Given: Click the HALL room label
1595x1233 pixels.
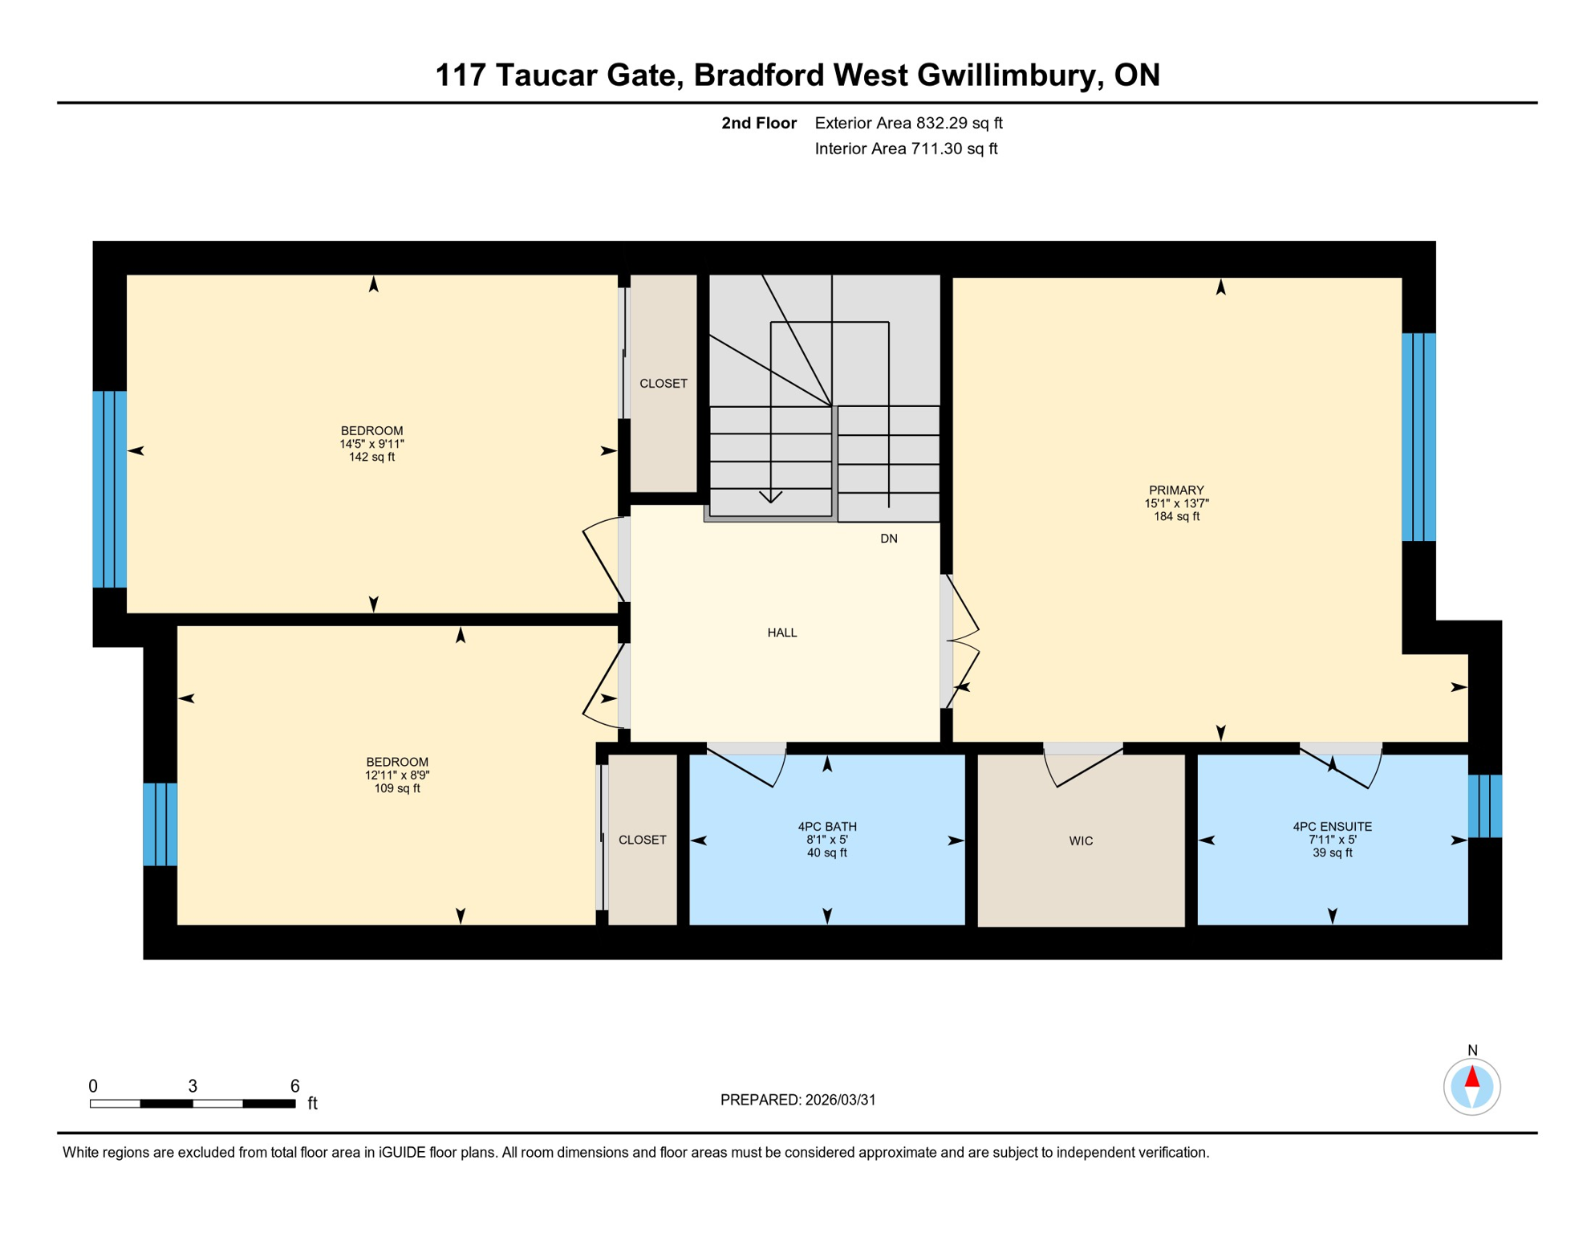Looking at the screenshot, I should pos(781,633).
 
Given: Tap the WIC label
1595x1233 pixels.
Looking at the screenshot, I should pos(1081,841).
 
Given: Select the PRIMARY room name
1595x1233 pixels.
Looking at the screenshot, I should pos(1176,490).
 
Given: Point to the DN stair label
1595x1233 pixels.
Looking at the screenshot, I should pos(888,539).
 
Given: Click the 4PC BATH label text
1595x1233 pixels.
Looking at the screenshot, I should pos(826,827).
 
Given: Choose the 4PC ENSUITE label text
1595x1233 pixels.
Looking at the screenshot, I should pos(1332,827).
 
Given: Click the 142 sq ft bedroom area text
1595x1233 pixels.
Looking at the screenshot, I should pos(371,458).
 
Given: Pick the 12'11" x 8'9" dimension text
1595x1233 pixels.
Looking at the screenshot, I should pos(397,775).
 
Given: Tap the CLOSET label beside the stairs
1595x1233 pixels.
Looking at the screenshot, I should pos(663,384).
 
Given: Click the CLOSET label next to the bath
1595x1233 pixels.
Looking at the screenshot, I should pos(642,840).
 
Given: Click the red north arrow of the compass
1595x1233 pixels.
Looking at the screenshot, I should pos(1472,1076).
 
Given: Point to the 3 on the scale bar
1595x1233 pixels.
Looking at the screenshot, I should pos(193,1086).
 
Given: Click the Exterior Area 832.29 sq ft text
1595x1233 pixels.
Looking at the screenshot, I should pos(908,123).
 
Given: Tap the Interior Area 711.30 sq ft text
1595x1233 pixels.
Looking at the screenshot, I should pos(906,149).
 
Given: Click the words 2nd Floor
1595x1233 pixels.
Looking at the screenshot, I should pos(758,123).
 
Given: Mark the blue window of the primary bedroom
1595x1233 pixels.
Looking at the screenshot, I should pos(1418,437).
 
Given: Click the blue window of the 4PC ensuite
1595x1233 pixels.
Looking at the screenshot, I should pos(1484,806).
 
